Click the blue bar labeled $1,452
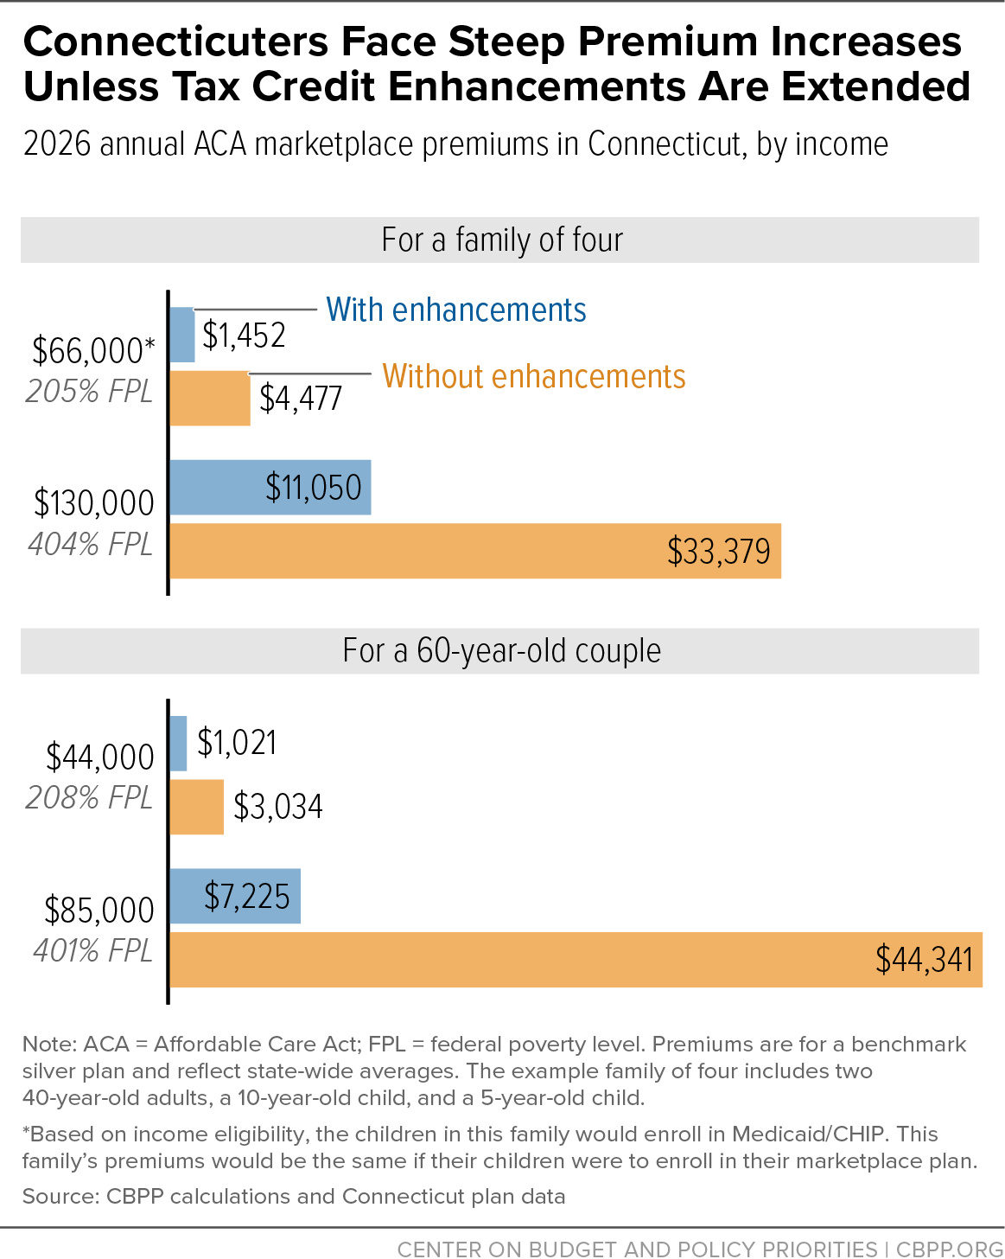coord(182,335)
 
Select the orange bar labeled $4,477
coord(211,399)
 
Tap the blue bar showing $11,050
coord(270,488)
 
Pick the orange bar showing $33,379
coord(476,551)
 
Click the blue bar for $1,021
coord(178,744)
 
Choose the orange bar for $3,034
coord(197,807)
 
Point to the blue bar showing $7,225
coord(236,897)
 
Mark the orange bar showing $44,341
coord(576,960)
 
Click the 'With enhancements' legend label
coord(456,310)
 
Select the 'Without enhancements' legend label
coord(534,376)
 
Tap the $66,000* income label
coord(93,351)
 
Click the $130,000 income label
coord(94,503)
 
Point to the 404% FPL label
coord(91,544)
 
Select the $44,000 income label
coord(100,757)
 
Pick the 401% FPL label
coord(93,950)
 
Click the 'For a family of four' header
coord(502,240)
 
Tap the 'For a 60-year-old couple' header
coord(501,650)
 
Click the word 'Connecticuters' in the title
coord(176,42)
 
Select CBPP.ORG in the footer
coord(950,1249)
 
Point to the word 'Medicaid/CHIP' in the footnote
coord(808,1134)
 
